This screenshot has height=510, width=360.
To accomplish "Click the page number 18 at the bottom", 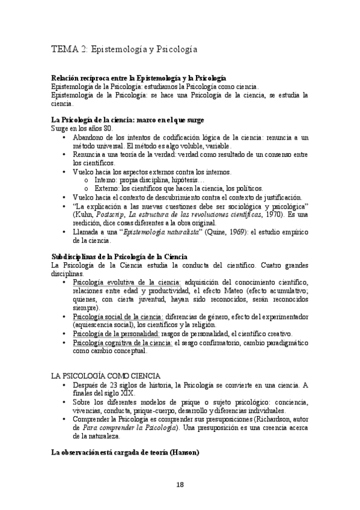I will click(x=180, y=485).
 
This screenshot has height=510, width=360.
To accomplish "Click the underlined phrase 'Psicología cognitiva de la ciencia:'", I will click(x=122, y=342).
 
